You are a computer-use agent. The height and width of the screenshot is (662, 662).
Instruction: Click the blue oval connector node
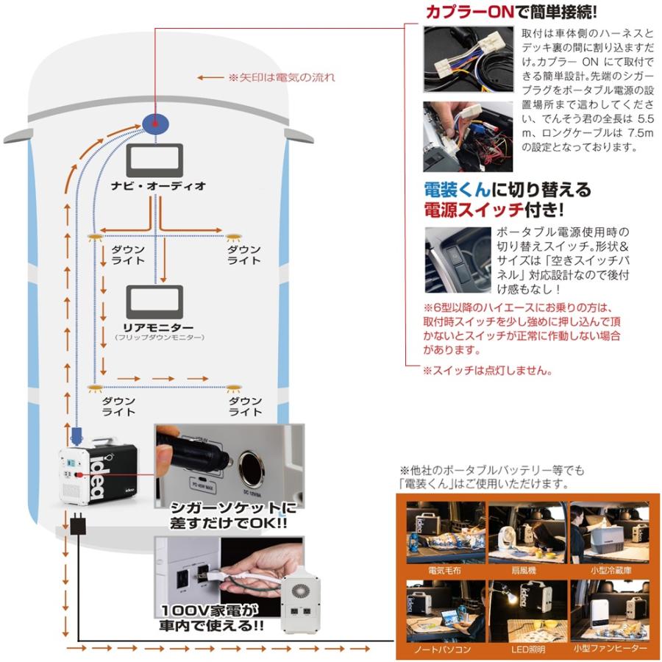155,122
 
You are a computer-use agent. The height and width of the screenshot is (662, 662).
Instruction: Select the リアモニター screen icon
155,301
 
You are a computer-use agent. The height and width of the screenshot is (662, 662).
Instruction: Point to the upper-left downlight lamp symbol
94,237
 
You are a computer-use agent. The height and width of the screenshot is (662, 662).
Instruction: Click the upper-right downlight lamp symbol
234,237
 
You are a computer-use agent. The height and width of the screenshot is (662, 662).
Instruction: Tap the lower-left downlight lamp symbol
94,387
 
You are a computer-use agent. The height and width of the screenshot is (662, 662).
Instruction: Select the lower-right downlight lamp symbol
234,387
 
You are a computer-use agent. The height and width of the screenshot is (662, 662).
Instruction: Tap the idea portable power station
99,477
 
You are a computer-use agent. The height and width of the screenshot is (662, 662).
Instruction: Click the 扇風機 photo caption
526,570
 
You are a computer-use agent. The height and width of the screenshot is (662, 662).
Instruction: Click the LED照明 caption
526,650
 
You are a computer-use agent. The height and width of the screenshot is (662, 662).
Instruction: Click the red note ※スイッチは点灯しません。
487,371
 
